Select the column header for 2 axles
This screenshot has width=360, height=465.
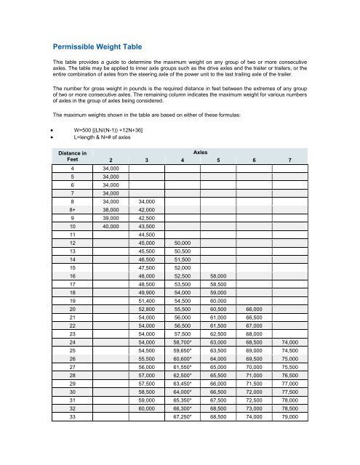[x=111, y=162]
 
